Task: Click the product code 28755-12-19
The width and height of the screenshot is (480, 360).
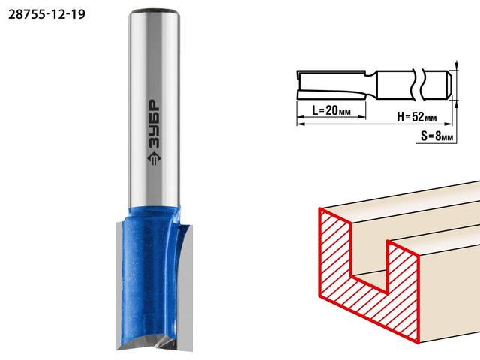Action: (46, 14)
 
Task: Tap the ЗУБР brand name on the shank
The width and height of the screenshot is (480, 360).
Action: (154, 124)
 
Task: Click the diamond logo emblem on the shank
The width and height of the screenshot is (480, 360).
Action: (154, 159)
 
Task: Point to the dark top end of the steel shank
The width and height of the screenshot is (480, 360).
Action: (154, 12)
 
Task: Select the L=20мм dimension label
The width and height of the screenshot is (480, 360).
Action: (331, 110)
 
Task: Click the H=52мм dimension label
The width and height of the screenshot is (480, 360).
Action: (417, 117)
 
